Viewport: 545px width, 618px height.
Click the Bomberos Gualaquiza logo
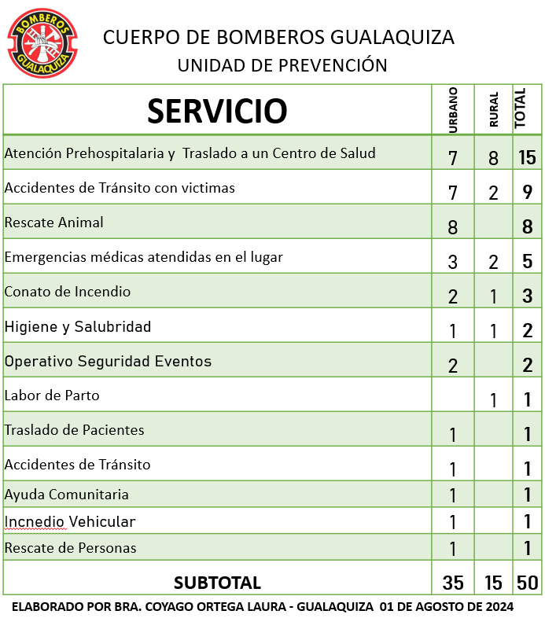click(42, 43)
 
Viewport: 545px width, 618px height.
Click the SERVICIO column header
click(217, 111)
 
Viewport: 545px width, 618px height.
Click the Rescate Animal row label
click(54, 223)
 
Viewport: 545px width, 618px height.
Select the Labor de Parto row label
click(52, 395)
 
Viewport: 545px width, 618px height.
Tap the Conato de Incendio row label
click(68, 292)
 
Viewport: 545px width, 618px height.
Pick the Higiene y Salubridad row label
click(78, 326)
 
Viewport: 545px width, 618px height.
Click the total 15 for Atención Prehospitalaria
click(526, 157)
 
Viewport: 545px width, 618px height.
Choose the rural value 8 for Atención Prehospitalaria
click(493, 158)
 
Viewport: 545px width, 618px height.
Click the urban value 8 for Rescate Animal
click(452, 227)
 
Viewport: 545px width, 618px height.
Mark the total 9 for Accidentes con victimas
click(526, 192)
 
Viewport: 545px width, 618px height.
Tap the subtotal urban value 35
click(453, 583)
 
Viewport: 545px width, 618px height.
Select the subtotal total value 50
click(526, 583)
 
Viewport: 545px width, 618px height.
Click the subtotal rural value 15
click(493, 583)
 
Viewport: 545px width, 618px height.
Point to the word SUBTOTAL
click(217, 583)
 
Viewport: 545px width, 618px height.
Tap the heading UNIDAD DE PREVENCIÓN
click(282, 64)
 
